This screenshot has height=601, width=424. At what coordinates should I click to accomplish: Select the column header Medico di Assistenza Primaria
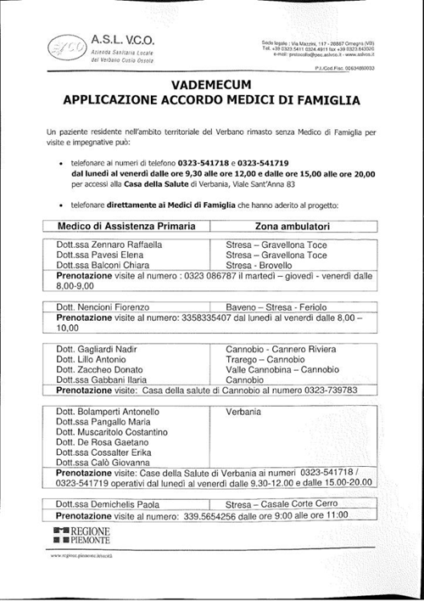[x=126, y=227]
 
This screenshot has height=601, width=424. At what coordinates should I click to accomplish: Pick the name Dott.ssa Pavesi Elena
[x=100, y=254]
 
